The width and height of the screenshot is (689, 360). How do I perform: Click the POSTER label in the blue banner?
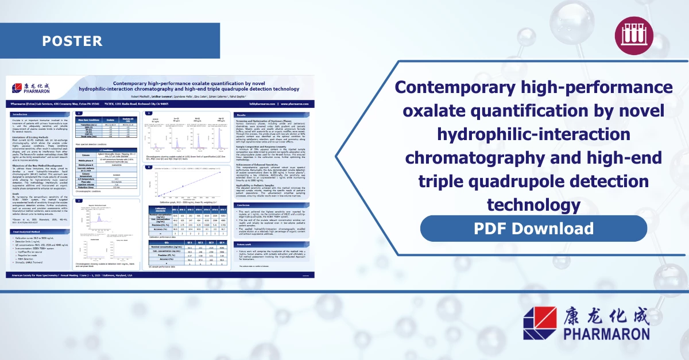tap(72, 41)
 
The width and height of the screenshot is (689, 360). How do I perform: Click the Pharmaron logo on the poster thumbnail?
tap(32, 87)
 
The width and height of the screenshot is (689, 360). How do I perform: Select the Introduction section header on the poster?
tap(23, 114)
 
